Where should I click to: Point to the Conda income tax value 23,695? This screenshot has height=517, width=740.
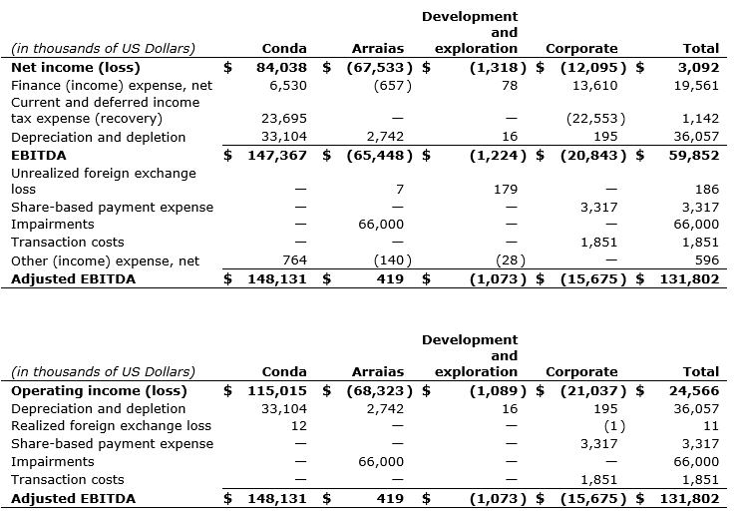(x=282, y=120)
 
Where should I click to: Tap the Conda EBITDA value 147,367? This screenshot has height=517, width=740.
(x=275, y=155)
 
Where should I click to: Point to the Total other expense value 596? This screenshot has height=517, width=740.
(x=706, y=261)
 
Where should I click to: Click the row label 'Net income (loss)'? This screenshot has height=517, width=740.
(x=75, y=68)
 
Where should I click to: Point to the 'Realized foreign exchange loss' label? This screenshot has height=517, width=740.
(x=111, y=426)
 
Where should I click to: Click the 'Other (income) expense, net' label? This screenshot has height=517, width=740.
(x=105, y=261)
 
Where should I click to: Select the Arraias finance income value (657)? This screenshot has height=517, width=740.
(x=392, y=86)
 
